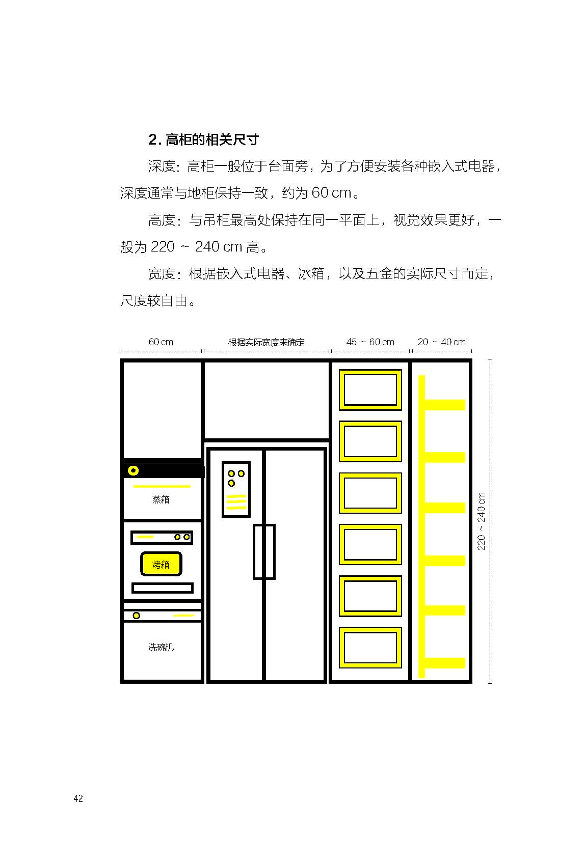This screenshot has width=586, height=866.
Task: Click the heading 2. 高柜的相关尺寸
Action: (x=203, y=139)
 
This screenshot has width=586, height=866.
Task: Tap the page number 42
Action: (x=78, y=798)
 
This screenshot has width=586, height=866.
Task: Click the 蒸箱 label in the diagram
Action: (x=161, y=499)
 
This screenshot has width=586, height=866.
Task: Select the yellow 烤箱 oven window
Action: (x=161, y=564)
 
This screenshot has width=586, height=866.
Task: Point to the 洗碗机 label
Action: (x=161, y=647)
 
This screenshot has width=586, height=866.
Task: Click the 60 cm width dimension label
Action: (x=161, y=342)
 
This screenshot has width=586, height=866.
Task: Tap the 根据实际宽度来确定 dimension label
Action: (x=266, y=342)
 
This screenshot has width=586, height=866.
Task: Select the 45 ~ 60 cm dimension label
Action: (x=370, y=342)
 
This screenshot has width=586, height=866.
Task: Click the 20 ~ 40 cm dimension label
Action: (x=441, y=342)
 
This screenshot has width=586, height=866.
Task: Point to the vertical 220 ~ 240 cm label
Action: (x=481, y=521)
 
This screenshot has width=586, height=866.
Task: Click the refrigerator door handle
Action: (x=264, y=552)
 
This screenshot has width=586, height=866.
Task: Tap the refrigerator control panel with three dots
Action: (x=236, y=489)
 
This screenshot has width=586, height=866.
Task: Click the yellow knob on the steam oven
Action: (x=134, y=471)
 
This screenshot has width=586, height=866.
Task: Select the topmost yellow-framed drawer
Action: (x=370, y=390)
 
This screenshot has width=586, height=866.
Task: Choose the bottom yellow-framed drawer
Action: (x=370, y=648)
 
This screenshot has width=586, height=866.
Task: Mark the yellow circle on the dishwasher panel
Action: (x=137, y=616)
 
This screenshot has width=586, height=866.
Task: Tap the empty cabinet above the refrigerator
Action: (x=266, y=400)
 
